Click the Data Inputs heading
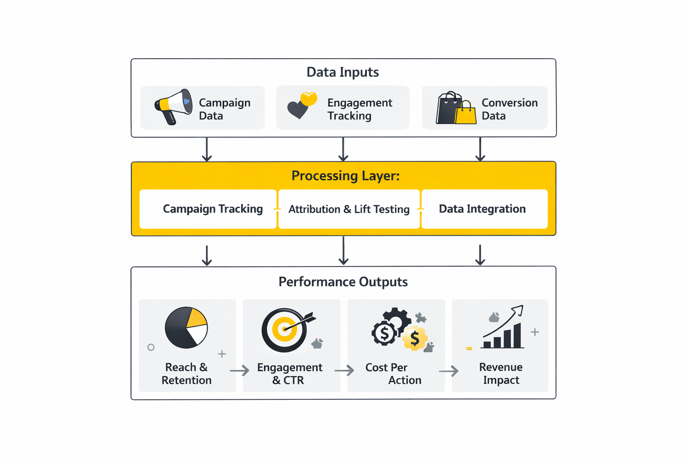pyautogui.click(x=343, y=72)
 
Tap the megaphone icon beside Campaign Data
pyautogui.click(x=174, y=106)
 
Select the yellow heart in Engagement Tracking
pyautogui.click(x=309, y=98)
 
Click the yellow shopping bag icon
pyautogui.click(x=466, y=114)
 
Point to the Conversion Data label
pyautogui.click(x=509, y=109)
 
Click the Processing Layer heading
pyautogui.click(x=345, y=175)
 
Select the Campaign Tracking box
pyautogui.click(x=208, y=209)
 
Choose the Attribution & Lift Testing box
pyautogui.click(x=349, y=209)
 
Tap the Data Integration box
pyautogui.click(x=484, y=209)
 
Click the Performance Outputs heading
pyautogui.click(x=343, y=282)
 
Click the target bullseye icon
pyautogui.click(x=285, y=330)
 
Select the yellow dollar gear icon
pyautogui.click(x=415, y=339)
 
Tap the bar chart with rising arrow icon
pyautogui.click(x=504, y=328)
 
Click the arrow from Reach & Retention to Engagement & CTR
pyautogui.click(x=239, y=370)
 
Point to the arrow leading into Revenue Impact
pyautogui.click(x=449, y=371)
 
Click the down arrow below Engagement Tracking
pyautogui.click(x=343, y=149)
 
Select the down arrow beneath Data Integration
pyautogui.click(x=480, y=255)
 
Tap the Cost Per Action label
pyautogui.click(x=393, y=373)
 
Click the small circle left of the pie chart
pyautogui.click(x=151, y=348)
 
